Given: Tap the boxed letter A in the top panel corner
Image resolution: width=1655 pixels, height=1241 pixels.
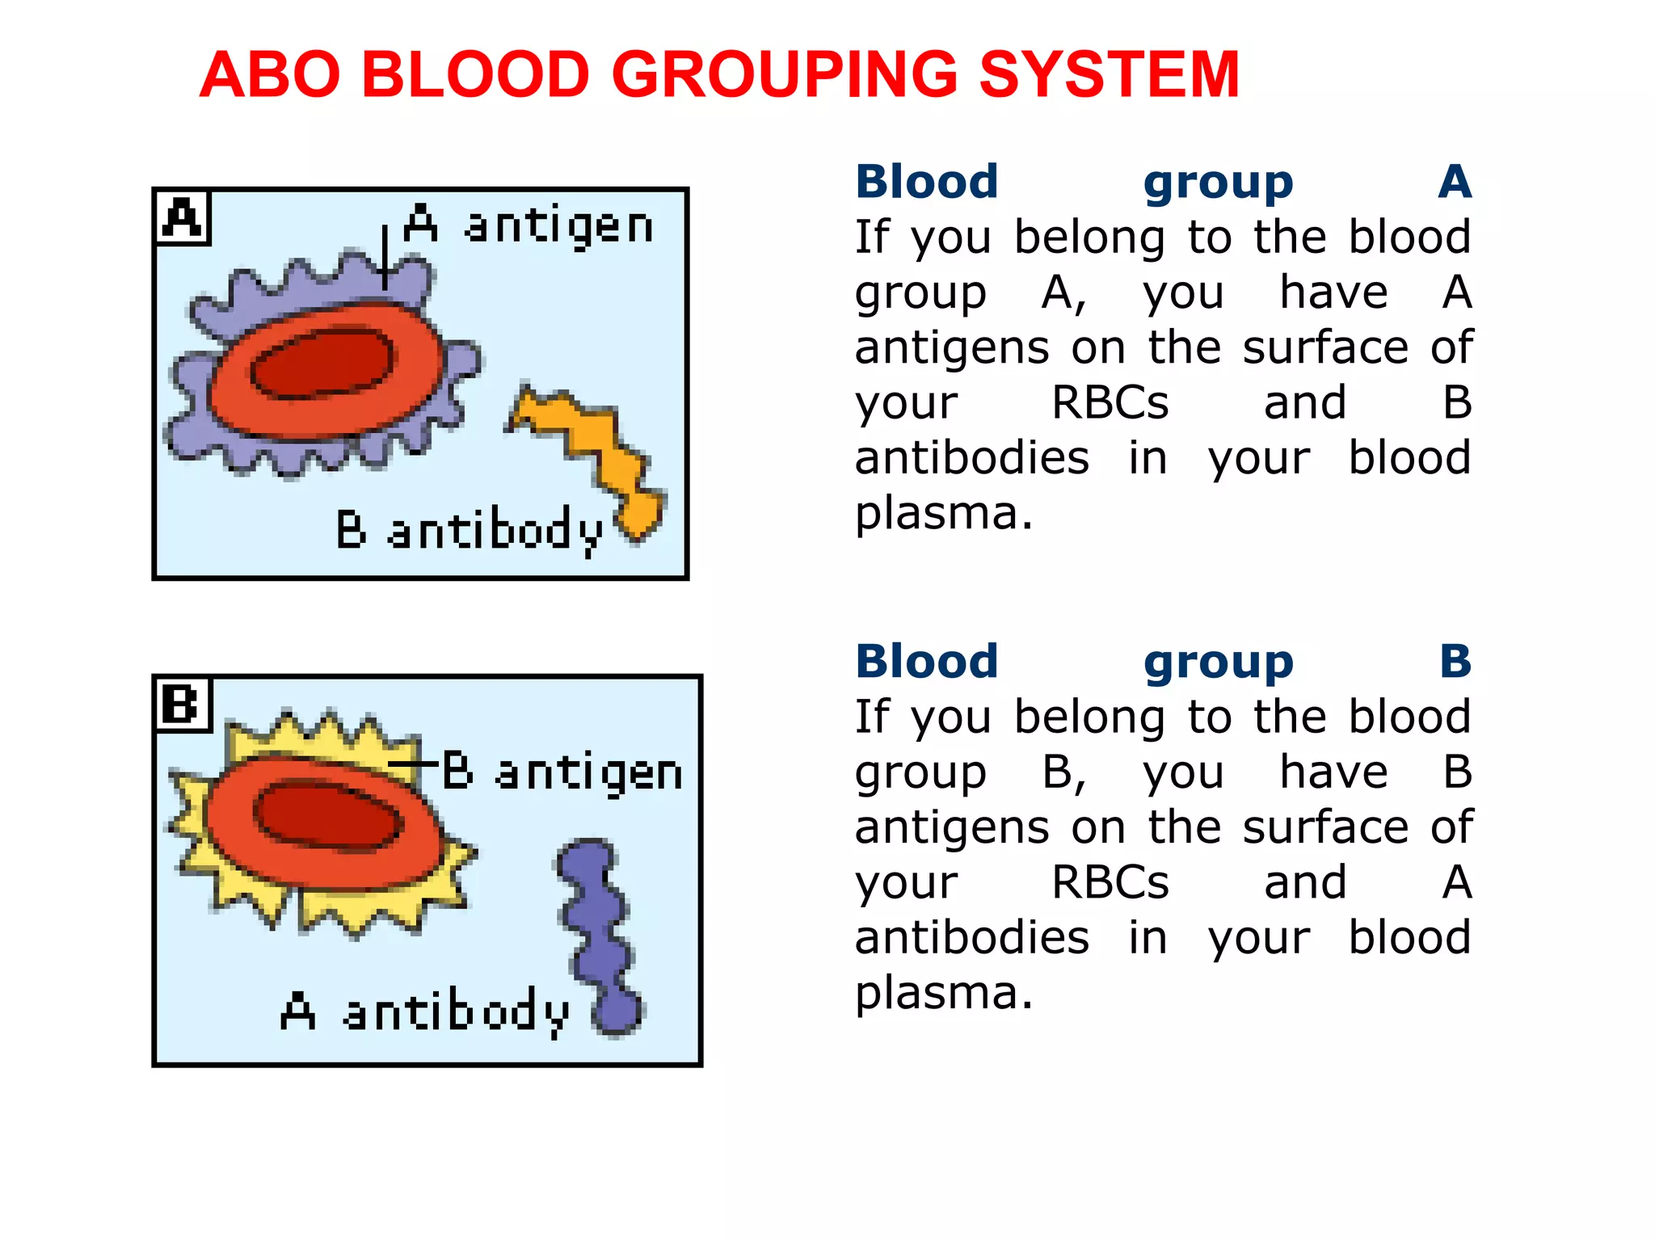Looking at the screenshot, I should pos(183,217).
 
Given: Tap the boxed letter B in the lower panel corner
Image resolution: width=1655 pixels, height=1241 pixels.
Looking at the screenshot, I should pos(182,704).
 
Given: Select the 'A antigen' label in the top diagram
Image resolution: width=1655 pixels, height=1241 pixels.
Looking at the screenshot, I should pos(529,225).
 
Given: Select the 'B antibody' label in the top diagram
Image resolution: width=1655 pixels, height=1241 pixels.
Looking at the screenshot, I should pos(469,531).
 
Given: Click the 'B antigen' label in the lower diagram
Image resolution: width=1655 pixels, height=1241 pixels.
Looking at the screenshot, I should pos(562,772).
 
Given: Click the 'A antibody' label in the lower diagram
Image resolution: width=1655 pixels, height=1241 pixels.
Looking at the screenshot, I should pos(424,1011).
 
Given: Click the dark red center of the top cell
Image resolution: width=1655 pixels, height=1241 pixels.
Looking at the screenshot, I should pos(322,364).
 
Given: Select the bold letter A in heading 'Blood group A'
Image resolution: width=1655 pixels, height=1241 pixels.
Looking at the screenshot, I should pos(1455,182).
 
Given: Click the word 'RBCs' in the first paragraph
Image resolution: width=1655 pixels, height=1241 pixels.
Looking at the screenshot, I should pos(1110,402).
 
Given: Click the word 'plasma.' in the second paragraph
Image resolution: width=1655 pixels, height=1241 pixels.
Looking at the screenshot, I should pos(944,992).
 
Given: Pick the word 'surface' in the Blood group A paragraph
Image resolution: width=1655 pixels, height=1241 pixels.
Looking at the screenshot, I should pos(1325,347).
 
